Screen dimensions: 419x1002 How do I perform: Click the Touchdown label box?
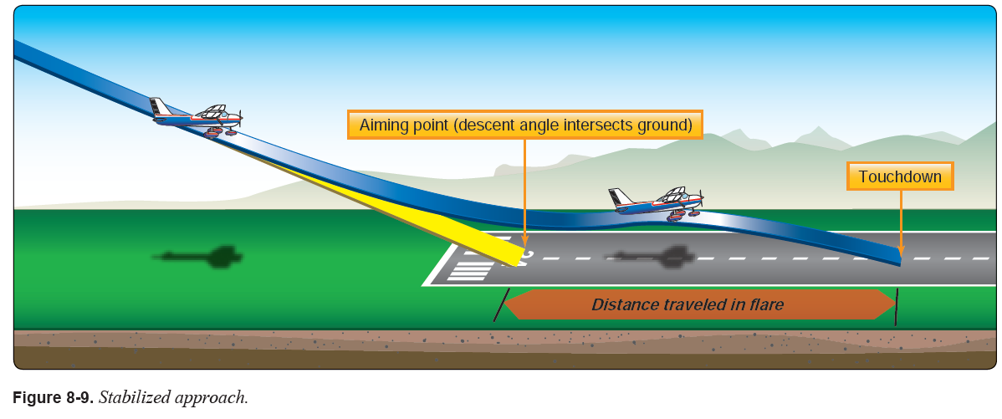900,176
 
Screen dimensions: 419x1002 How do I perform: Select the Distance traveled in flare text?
688,304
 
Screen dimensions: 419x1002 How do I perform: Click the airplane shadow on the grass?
202,256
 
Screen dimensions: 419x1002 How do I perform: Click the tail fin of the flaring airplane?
618,198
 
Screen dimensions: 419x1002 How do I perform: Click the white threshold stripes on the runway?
471,268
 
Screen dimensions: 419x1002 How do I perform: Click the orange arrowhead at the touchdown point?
900,248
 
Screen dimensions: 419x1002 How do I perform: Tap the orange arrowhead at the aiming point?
524,248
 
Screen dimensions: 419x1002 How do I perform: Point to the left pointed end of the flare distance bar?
509,304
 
